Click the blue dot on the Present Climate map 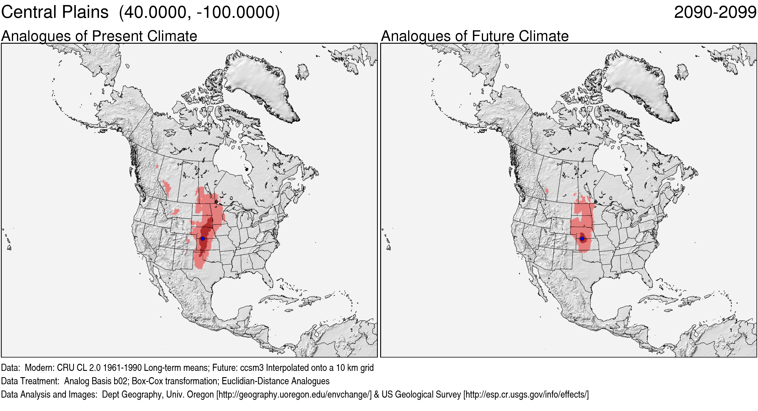(203, 239)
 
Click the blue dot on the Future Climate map (582, 239)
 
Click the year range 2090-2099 (715, 12)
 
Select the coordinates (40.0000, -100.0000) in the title (199, 12)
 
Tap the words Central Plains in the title (55, 12)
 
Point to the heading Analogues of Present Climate (99, 36)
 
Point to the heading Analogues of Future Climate (474, 36)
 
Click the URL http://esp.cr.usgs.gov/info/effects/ (526, 395)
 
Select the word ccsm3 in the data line (252, 368)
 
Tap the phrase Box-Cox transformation (174, 381)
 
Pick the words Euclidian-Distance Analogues (276, 381)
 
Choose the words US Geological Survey (421, 395)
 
